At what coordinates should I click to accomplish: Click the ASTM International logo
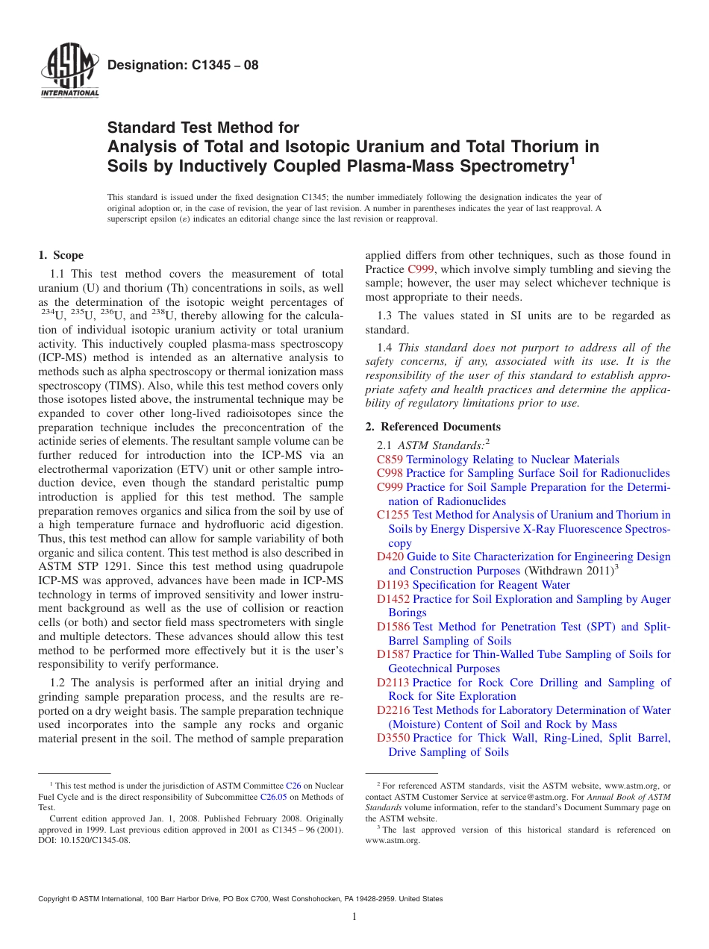[x=69, y=72]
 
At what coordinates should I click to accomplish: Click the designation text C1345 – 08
[x=183, y=65]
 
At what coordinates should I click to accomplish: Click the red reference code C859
[x=390, y=460]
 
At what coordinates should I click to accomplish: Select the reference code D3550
[x=393, y=738]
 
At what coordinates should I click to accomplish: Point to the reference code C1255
[x=393, y=515]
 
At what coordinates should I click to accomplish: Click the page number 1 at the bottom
[x=354, y=917]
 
